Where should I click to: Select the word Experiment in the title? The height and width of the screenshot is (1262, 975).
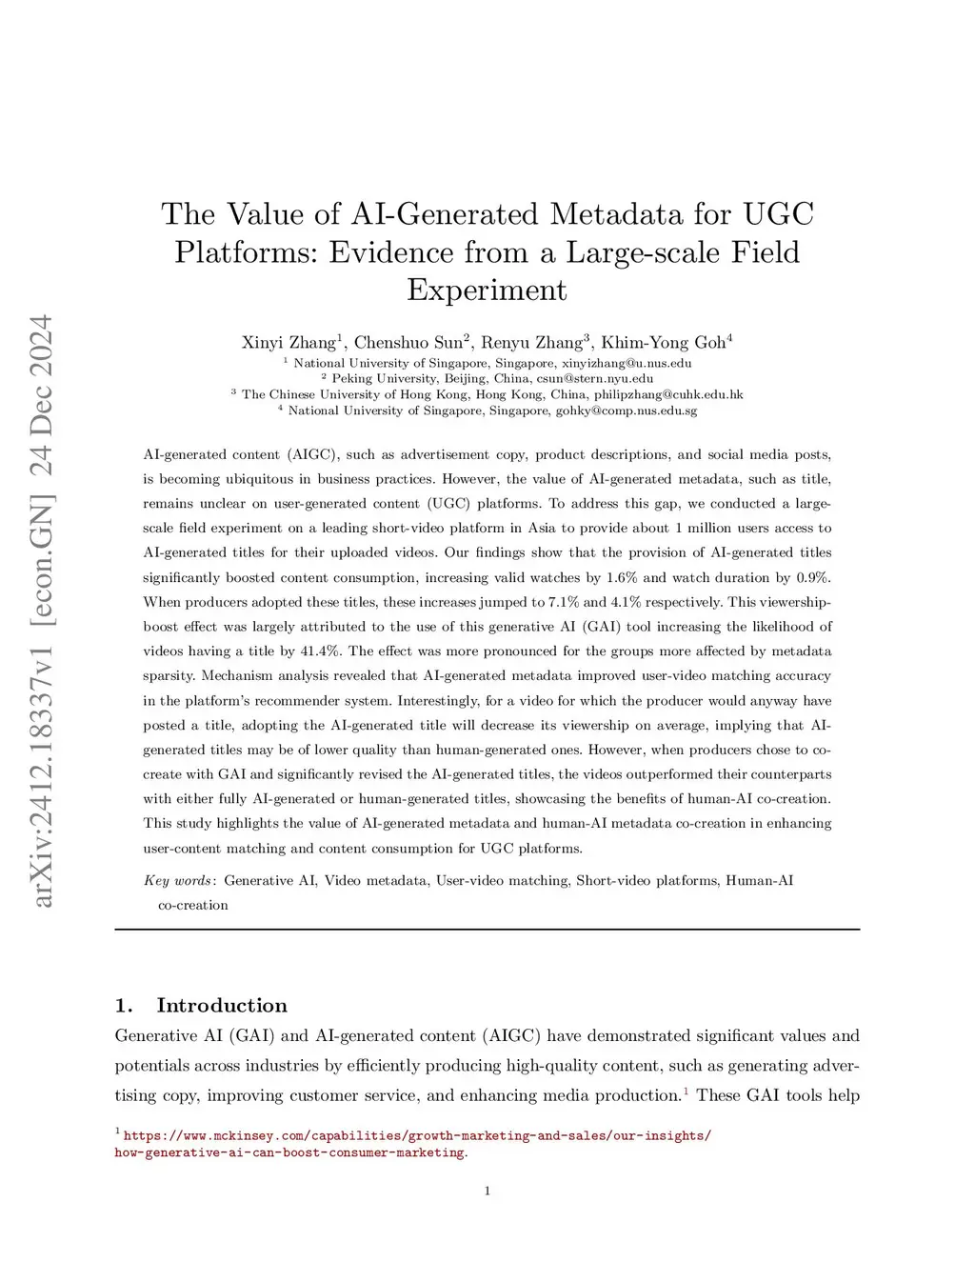coord(487,290)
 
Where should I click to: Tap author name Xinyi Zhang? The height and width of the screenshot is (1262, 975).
coord(289,342)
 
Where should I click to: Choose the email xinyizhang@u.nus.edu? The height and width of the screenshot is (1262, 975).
coord(627,363)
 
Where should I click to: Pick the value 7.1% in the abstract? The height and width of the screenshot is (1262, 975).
coord(563,601)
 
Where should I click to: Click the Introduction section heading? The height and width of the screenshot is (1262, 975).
coord(221,1006)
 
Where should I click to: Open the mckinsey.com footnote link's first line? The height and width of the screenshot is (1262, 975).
coord(417,1135)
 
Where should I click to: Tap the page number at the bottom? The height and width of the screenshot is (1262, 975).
coord(487,1191)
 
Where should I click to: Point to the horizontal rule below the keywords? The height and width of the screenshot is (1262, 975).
coord(487,929)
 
